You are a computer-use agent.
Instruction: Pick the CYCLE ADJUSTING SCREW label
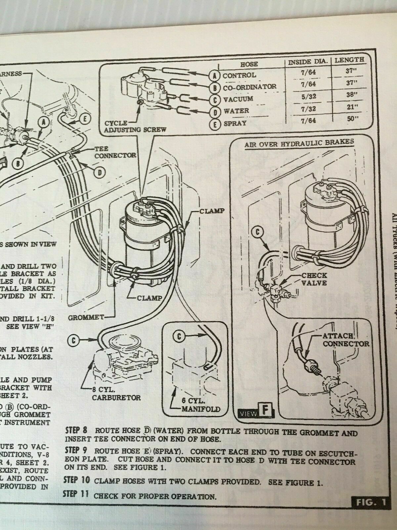coord(135,126)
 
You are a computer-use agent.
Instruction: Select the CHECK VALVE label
coord(314,279)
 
